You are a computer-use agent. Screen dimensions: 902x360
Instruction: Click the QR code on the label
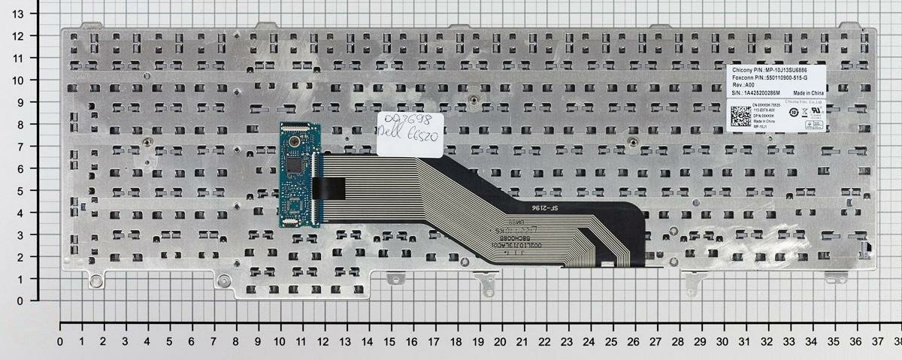click(x=740, y=116)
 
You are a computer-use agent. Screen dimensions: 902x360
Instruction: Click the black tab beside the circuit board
click(x=331, y=182)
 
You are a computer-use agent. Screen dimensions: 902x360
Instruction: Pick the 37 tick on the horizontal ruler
click(x=876, y=340)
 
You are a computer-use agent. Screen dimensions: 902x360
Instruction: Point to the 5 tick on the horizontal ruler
click(x=170, y=340)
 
